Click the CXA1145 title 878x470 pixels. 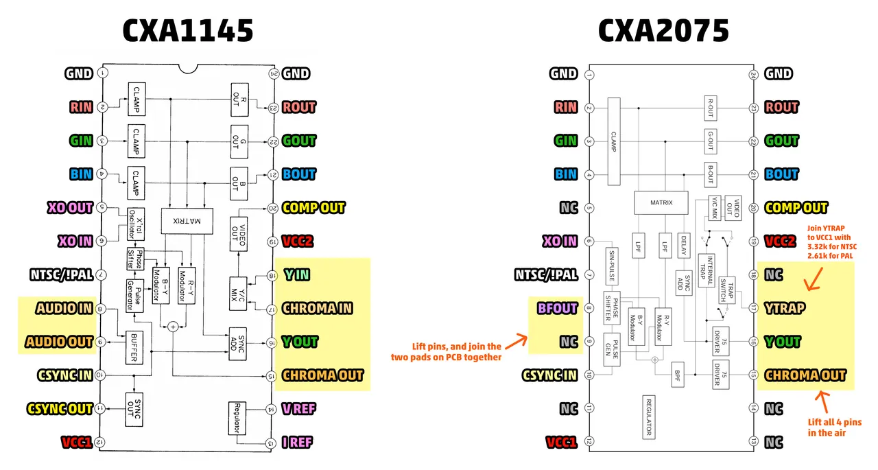pos(187,31)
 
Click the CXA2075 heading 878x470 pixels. pos(663,31)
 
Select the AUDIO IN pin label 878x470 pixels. pos(65,309)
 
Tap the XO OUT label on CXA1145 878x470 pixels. pos(69,208)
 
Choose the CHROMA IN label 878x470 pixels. pos(317,309)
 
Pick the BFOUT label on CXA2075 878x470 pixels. pos(557,309)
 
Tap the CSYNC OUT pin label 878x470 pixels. pos(60,410)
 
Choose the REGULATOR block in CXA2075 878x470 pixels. pos(649,416)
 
